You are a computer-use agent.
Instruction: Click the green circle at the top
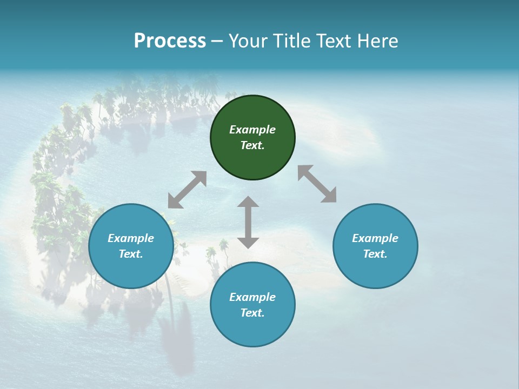click(252, 137)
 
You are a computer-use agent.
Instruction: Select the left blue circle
click(131, 246)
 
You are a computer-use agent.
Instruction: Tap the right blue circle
click(375, 246)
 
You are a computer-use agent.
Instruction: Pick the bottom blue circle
click(252, 305)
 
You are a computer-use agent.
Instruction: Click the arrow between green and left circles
click(187, 190)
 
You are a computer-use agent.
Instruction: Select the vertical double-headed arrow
click(248, 222)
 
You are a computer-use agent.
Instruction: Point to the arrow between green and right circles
click(317, 184)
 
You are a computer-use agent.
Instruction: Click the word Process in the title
click(170, 41)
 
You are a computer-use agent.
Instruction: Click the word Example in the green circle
click(252, 130)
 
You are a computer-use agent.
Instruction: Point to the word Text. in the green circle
click(252, 145)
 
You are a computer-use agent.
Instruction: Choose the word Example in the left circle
click(131, 238)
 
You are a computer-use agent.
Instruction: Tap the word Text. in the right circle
click(375, 254)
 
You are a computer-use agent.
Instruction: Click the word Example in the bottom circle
click(252, 297)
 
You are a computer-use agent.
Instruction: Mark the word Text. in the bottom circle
click(252, 313)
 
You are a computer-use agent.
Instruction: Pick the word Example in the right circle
click(375, 238)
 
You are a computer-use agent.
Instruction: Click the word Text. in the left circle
click(131, 254)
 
